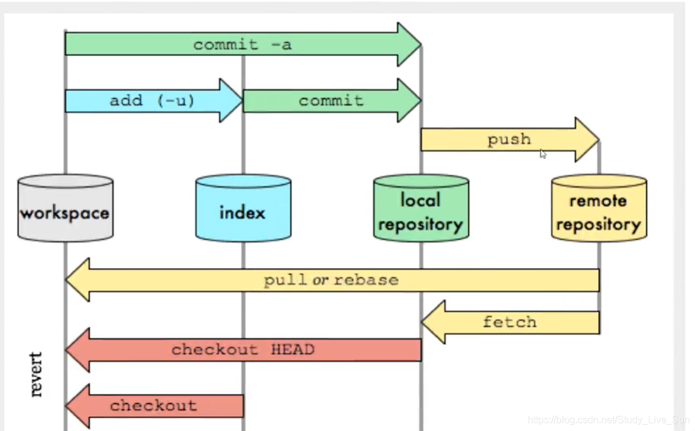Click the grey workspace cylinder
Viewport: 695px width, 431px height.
65,208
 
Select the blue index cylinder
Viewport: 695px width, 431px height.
243,208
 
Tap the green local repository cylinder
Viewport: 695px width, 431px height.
421,208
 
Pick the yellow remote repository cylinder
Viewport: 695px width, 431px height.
599,208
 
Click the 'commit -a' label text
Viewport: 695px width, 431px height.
243,44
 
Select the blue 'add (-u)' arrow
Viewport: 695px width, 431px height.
154,101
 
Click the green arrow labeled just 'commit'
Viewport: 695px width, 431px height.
332,101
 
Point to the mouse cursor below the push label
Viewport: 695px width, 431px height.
543,154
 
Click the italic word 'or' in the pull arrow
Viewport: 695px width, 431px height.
320,280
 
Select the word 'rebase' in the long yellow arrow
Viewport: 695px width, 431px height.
366,280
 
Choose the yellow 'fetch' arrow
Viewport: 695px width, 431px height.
510,322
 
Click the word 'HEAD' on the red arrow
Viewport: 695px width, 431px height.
293,349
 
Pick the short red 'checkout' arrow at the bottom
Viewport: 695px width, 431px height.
154,406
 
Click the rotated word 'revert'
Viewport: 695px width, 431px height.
36,375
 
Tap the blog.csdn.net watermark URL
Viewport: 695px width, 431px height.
608,419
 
